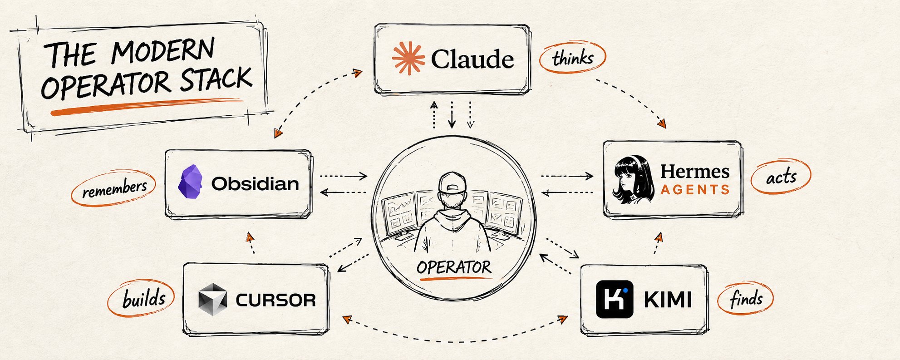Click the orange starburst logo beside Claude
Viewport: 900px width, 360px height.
(x=408, y=58)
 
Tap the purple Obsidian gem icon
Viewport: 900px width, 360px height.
(x=190, y=182)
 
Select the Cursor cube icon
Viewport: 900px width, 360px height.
(x=212, y=300)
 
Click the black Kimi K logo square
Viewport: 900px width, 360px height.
(x=614, y=299)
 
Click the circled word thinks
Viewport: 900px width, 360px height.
(x=573, y=58)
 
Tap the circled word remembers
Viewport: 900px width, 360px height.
(x=114, y=188)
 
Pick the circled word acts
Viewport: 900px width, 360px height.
(x=781, y=177)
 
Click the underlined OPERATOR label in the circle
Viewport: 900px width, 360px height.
(x=454, y=267)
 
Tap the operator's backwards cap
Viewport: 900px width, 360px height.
(x=452, y=182)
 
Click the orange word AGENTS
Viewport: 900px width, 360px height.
(x=695, y=189)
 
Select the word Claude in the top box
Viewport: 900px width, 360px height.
(x=472, y=59)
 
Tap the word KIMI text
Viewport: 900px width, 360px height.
(x=668, y=300)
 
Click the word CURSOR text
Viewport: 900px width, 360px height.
(x=275, y=300)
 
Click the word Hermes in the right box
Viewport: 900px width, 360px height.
(x=695, y=172)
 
